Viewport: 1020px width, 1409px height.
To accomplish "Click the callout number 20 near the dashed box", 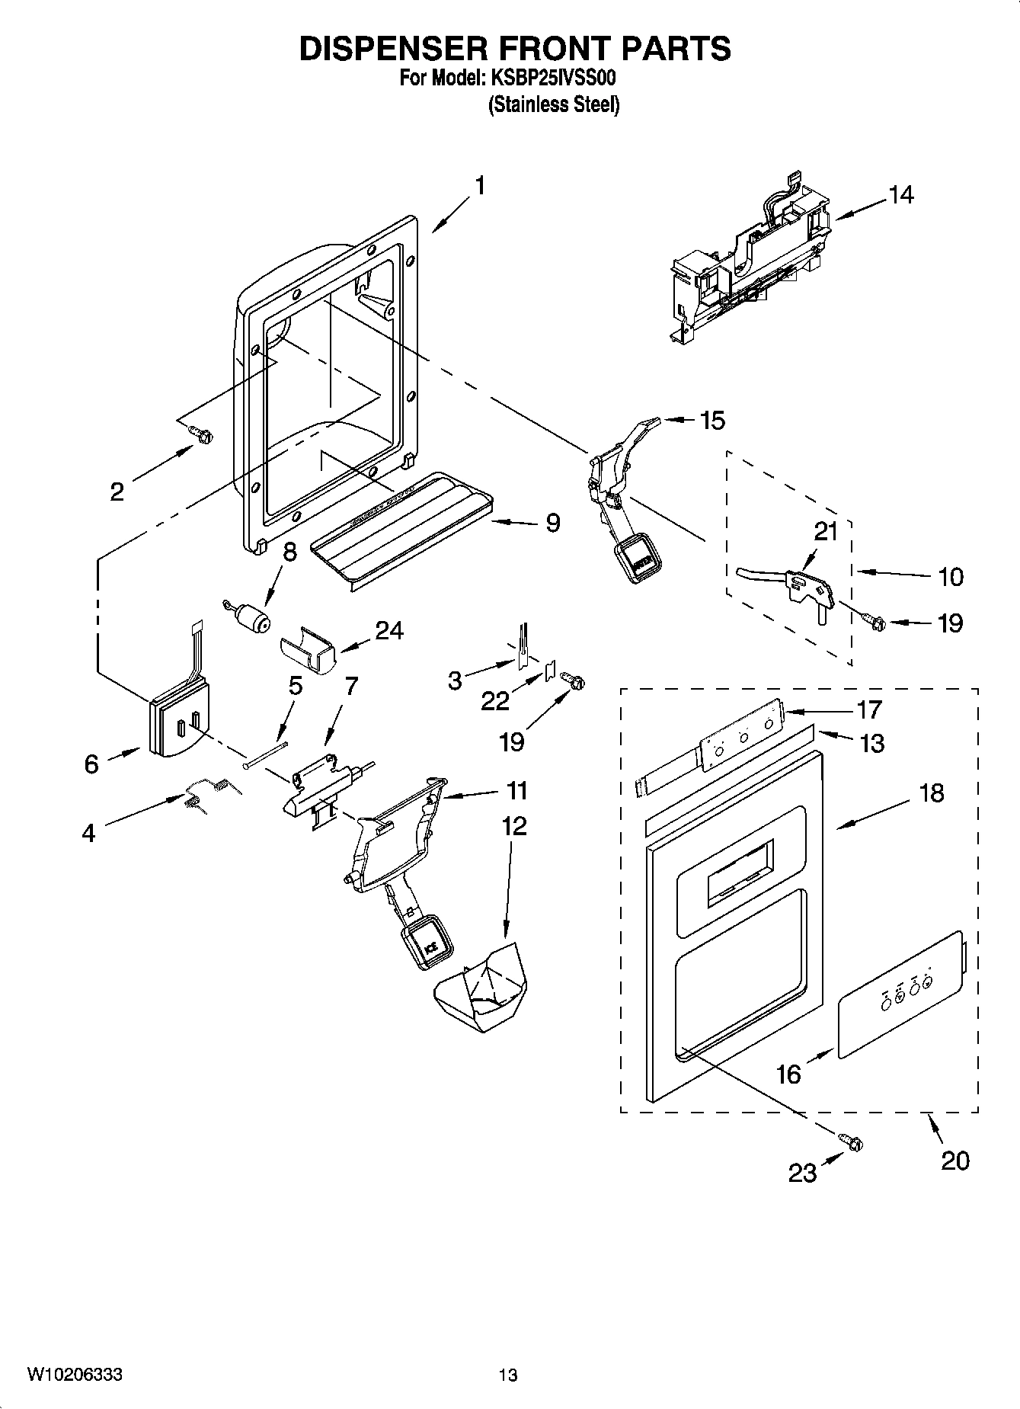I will (955, 1161).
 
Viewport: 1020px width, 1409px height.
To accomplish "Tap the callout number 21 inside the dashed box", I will (826, 531).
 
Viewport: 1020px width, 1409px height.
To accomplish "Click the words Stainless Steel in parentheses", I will (554, 104).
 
